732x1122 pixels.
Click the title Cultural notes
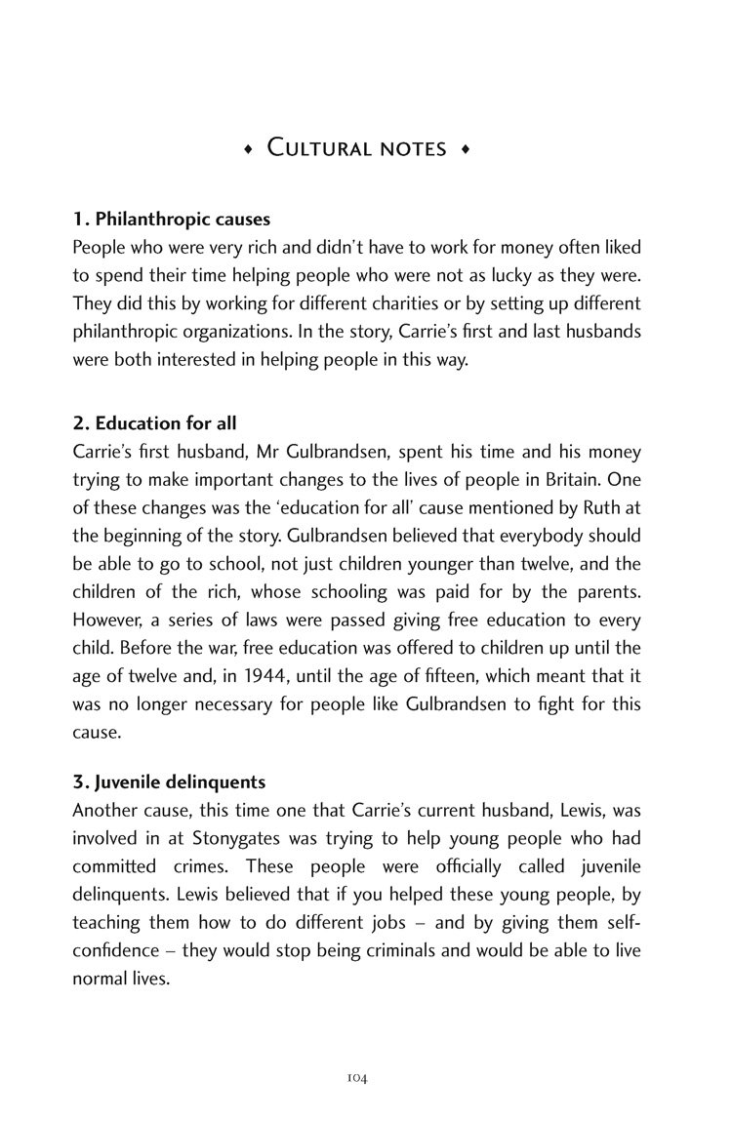(357, 149)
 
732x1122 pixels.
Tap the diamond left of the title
(248, 149)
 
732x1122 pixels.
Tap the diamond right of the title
(466, 149)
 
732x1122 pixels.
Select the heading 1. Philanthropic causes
(172, 220)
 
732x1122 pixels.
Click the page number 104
(356, 1050)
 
